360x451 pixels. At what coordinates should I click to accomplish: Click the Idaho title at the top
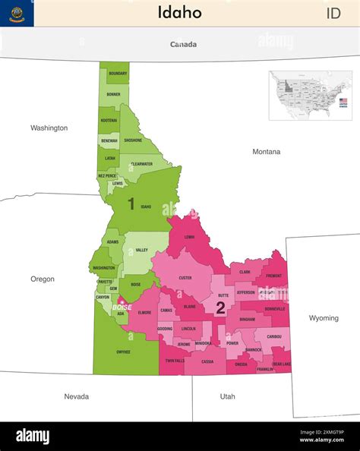click(180, 12)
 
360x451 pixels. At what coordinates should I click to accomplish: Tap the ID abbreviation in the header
click(333, 13)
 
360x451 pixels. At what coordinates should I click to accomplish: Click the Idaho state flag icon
click(17, 13)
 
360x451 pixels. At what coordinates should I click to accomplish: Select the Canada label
click(183, 44)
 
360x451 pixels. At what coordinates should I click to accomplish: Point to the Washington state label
click(49, 128)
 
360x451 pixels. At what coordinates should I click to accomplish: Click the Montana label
click(266, 152)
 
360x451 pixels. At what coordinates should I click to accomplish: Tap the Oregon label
click(43, 279)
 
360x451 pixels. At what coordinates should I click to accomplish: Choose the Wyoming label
click(324, 318)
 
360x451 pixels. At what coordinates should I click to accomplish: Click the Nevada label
click(76, 396)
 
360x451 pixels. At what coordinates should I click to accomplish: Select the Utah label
click(227, 396)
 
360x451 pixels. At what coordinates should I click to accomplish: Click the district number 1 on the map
click(131, 203)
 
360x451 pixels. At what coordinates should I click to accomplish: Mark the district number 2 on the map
click(220, 307)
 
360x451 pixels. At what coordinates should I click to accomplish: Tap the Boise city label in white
click(122, 307)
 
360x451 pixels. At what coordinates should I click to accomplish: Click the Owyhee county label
click(123, 352)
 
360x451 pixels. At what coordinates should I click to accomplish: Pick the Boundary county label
click(118, 74)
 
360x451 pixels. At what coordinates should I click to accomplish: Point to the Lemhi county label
click(189, 237)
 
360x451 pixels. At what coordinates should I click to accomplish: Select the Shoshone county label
click(133, 140)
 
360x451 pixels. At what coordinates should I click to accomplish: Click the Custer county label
click(185, 278)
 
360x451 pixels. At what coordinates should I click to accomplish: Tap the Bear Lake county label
click(282, 364)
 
